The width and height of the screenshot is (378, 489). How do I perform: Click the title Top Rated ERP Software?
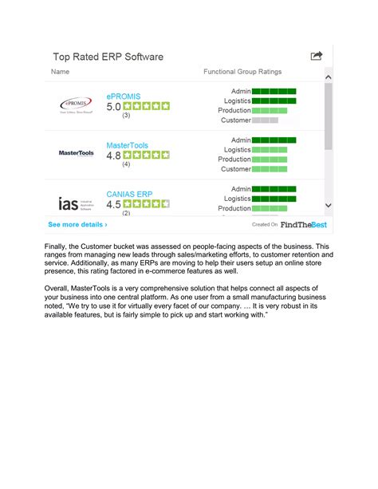click(108, 57)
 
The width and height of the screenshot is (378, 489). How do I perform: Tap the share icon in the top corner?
click(317, 56)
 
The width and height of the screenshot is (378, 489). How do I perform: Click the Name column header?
click(61, 72)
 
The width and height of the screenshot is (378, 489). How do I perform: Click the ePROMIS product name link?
click(124, 96)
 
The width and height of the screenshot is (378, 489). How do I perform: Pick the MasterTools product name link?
click(128, 146)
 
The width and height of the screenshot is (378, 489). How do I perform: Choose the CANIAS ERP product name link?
click(129, 194)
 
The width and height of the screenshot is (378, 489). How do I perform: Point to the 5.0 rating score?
click(113, 106)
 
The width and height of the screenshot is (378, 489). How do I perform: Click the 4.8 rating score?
click(113, 156)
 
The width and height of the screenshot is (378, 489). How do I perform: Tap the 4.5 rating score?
click(113, 204)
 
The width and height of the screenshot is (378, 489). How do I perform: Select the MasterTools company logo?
click(77, 153)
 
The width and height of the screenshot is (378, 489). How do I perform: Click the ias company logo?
click(77, 203)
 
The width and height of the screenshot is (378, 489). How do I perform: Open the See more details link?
click(77, 225)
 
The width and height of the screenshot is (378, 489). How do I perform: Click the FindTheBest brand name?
click(301, 225)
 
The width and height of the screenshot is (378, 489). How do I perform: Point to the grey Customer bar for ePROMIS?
click(265, 120)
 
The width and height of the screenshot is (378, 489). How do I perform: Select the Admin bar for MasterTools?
click(274, 140)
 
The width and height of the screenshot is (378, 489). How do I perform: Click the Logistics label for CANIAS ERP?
click(238, 199)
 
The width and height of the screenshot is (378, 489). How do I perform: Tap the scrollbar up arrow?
click(328, 77)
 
